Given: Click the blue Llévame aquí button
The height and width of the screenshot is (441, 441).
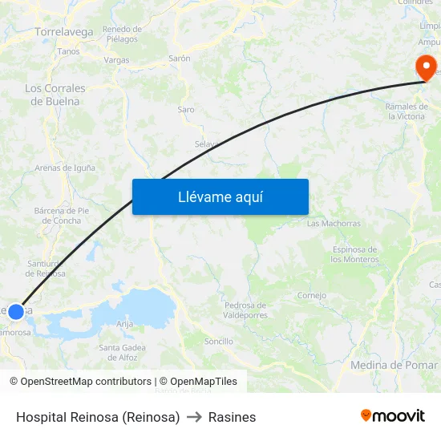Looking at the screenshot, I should point(220,196).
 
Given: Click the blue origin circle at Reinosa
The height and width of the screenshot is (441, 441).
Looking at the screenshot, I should point(16,311).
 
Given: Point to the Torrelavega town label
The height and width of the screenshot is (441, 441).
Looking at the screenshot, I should point(64,32).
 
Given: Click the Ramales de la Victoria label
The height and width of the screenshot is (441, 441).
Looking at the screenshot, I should point(406,111).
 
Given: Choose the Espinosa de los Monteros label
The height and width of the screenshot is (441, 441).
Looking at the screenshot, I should point(354,254).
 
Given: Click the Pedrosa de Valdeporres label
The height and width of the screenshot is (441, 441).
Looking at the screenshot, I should point(245,310).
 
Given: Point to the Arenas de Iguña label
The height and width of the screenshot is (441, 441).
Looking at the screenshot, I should point(65,168).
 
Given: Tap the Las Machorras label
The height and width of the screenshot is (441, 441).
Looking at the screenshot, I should point(334,224).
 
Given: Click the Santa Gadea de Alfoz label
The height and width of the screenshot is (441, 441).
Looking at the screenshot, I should point(122,351).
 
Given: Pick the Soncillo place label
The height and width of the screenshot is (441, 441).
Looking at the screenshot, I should point(219,341).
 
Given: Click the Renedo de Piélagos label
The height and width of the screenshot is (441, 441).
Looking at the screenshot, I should point(122,34).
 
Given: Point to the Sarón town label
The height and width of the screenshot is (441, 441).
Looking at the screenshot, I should point(180,59).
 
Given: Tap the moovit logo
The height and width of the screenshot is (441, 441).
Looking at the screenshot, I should point(392,416).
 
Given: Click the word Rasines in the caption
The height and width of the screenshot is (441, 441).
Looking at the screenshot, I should point(232,417).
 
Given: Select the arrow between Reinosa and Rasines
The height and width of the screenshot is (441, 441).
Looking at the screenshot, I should point(194,417).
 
